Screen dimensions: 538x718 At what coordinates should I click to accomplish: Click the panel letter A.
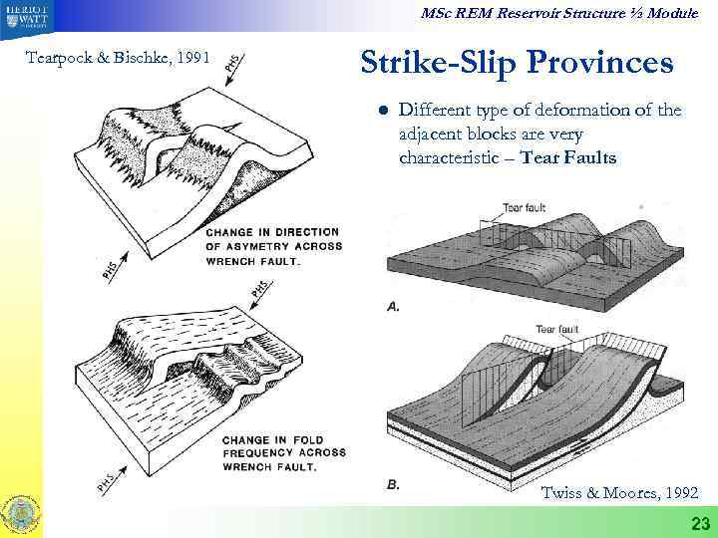click(x=393, y=306)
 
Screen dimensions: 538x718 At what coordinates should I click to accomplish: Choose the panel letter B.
click(x=393, y=485)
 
